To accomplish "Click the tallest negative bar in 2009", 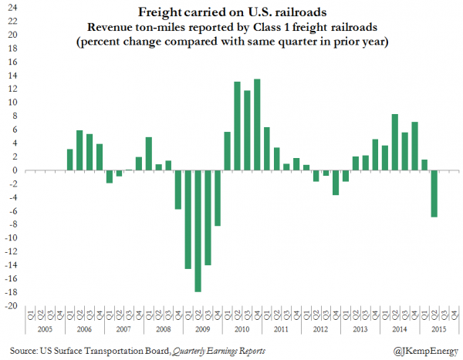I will coord(198,231).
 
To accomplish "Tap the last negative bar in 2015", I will coord(434,193).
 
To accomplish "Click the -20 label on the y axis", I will coord(10,305).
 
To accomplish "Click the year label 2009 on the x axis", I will coord(203,329).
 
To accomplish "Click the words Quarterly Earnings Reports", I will coord(218,351).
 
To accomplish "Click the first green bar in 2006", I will coord(70,160).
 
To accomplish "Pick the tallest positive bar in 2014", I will coord(395,143).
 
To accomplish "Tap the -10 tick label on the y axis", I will coord(10,237).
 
